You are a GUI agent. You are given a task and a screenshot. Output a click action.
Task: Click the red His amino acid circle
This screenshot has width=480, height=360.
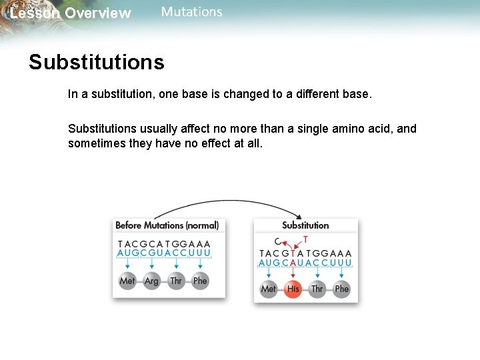(293, 289)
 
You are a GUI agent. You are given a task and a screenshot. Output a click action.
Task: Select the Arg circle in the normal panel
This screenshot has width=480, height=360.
(152, 281)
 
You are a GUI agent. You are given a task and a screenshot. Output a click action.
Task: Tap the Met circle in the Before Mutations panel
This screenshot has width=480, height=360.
(127, 281)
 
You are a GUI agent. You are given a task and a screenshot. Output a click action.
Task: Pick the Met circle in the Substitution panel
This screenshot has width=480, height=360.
(269, 289)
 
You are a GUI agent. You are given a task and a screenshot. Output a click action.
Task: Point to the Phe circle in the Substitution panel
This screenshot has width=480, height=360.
(342, 289)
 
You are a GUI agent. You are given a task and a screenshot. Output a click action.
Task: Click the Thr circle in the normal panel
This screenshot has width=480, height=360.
(176, 281)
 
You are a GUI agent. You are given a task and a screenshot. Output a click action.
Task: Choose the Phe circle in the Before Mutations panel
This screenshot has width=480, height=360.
(200, 281)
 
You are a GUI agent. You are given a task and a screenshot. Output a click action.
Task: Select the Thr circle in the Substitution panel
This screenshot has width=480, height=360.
(317, 289)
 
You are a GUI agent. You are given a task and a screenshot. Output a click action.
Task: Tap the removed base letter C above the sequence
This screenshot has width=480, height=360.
(277, 241)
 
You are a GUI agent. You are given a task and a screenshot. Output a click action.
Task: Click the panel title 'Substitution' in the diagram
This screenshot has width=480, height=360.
(305, 225)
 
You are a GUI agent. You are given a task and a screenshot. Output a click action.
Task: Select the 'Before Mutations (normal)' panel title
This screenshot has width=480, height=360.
(167, 225)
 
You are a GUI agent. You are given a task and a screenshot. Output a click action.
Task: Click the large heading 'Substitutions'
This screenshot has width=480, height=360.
(96, 62)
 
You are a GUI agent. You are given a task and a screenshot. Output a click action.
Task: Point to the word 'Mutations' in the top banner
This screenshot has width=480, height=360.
(192, 12)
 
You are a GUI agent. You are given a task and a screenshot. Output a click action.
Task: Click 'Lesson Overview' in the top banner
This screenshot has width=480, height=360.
(71, 13)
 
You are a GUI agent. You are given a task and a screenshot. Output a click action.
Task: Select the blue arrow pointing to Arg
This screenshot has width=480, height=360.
(152, 265)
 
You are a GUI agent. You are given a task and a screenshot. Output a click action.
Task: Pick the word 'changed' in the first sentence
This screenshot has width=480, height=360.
(246, 94)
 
